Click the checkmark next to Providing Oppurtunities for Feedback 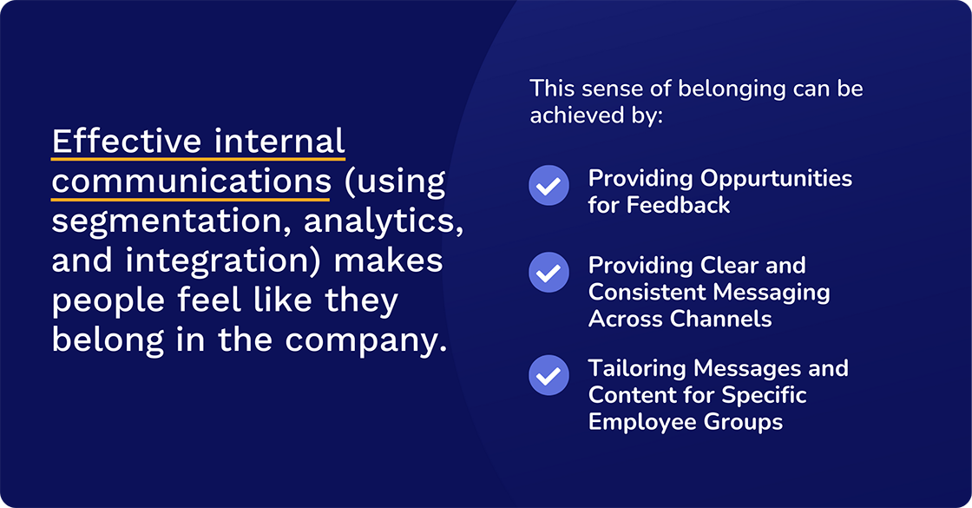(548, 185)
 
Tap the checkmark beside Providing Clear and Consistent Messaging (548, 272)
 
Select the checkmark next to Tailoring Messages (548, 375)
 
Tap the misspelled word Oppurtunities (776, 179)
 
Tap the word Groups (742, 422)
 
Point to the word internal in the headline (291, 141)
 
